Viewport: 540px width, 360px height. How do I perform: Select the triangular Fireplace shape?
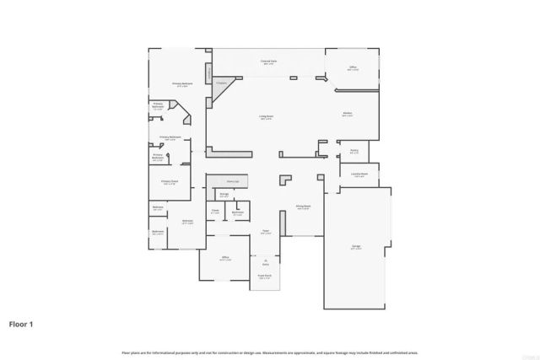pyautogui.click(x=221, y=87)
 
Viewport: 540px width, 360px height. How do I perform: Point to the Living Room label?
pyautogui.click(x=265, y=118)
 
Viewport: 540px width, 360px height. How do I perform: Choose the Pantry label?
pyautogui.click(x=354, y=153)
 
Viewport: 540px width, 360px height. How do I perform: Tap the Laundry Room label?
pyautogui.click(x=359, y=175)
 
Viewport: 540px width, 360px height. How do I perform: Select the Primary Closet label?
pyautogui.click(x=169, y=181)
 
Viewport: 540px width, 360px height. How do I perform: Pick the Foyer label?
pyautogui.click(x=265, y=232)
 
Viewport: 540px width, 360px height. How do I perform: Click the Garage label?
pyautogui.click(x=357, y=248)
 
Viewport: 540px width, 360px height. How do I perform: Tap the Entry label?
pyautogui.click(x=265, y=263)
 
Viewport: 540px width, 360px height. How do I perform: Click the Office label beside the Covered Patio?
pyautogui.click(x=354, y=68)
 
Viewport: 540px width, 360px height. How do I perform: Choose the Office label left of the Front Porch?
pyautogui.click(x=224, y=259)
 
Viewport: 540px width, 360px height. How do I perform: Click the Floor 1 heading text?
pyautogui.click(x=22, y=323)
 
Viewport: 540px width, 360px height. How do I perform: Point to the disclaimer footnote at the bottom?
pyautogui.click(x=270, y=352)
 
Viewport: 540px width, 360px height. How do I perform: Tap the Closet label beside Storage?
pyautogui.click(x=215, y=212)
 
